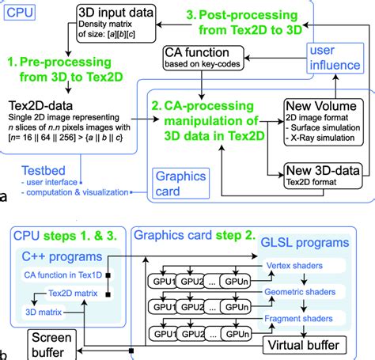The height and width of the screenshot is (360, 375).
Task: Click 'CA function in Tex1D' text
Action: (66, 275)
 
